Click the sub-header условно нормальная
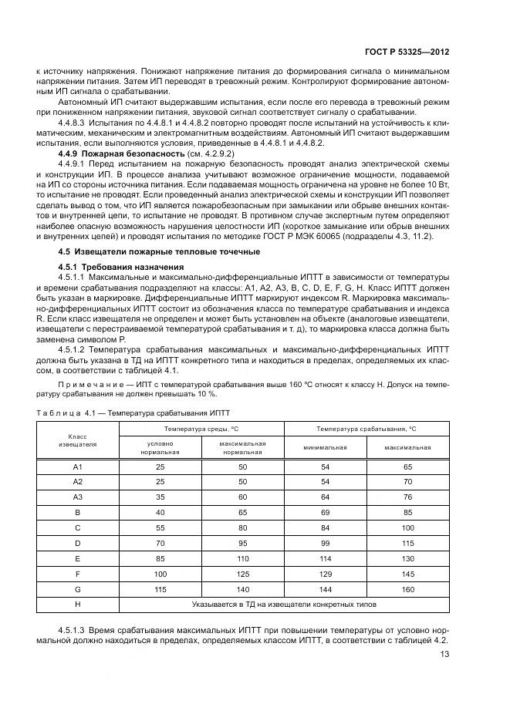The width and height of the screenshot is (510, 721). click(x=160, y=448)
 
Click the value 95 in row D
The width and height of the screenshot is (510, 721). click(x=242, y=543)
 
